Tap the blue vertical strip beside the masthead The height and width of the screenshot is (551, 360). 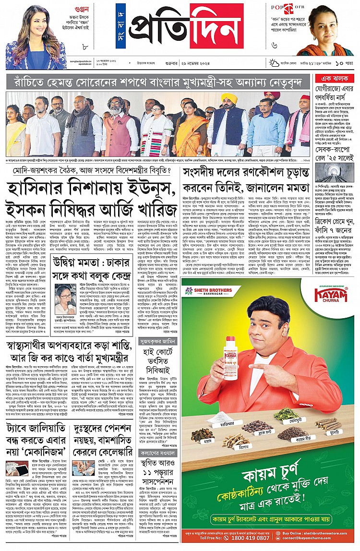coord(121,26)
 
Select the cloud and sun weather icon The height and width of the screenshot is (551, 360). coord(274,62)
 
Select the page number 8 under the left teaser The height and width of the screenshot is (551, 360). coord(84,47)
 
